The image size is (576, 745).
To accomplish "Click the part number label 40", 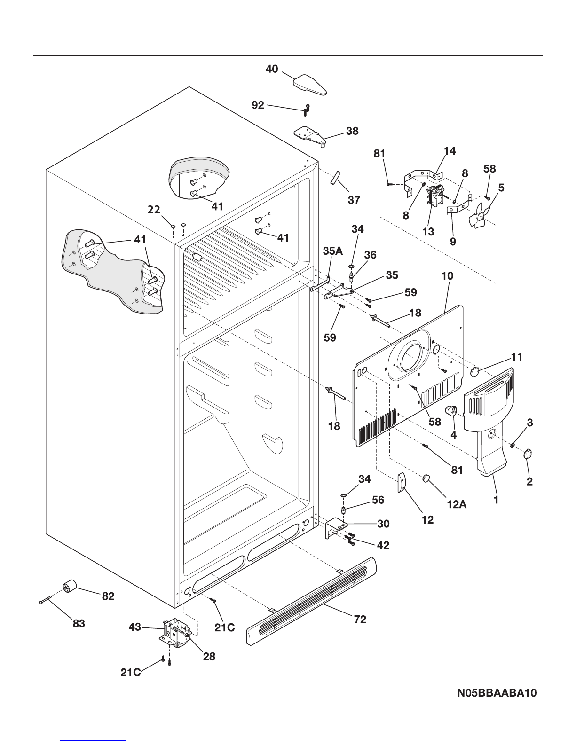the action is [x=272, y=69].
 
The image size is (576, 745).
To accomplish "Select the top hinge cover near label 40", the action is [x=309, y=84].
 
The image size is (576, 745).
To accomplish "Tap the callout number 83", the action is [x=79, y=623].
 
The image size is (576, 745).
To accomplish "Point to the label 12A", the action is [x=457, y=504].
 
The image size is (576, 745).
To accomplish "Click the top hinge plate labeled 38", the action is [x=310, y=135].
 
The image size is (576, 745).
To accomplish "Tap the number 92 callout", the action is [x=258, y=105].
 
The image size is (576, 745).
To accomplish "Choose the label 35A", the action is [x=332, y=251].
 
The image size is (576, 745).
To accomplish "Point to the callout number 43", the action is [x=135, y=627].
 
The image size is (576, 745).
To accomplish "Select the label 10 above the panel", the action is [x=447, y=275].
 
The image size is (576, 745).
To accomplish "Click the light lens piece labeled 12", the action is [x=401, y=483].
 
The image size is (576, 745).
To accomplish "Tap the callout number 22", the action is [x=154, y=210].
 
